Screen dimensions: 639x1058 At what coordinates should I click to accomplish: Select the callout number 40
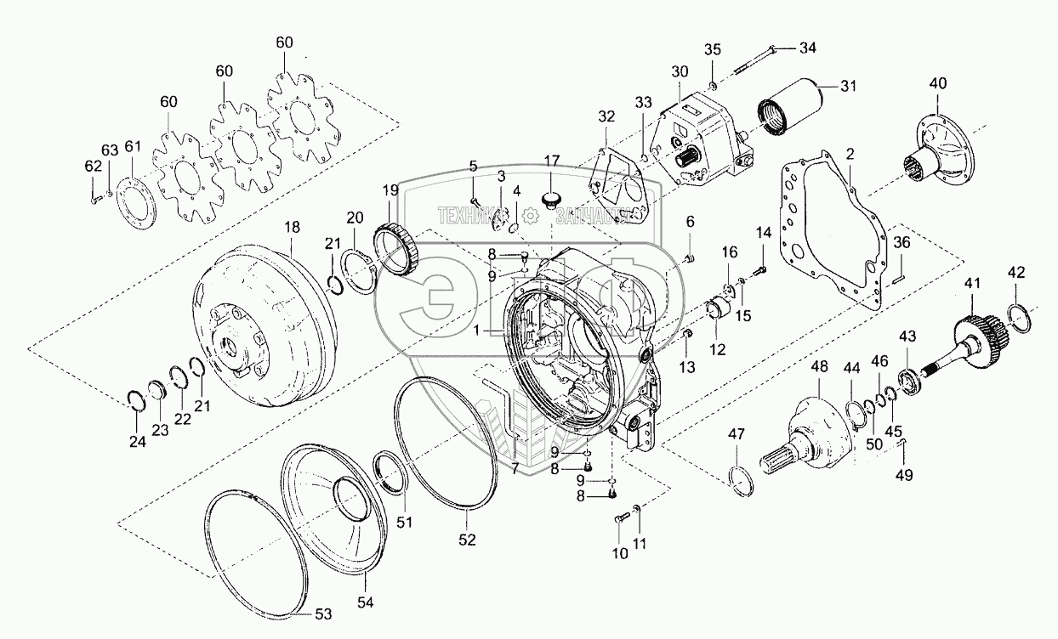pos(936,82)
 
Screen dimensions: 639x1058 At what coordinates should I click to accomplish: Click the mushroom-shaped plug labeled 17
pos(551,201)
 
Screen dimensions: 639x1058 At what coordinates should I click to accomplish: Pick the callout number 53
pos(324,614)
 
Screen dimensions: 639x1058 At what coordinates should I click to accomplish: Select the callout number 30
pos(678,71)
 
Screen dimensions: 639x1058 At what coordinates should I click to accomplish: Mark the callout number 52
pos(467,539)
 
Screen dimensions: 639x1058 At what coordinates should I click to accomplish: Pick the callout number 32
pos(605,116)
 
